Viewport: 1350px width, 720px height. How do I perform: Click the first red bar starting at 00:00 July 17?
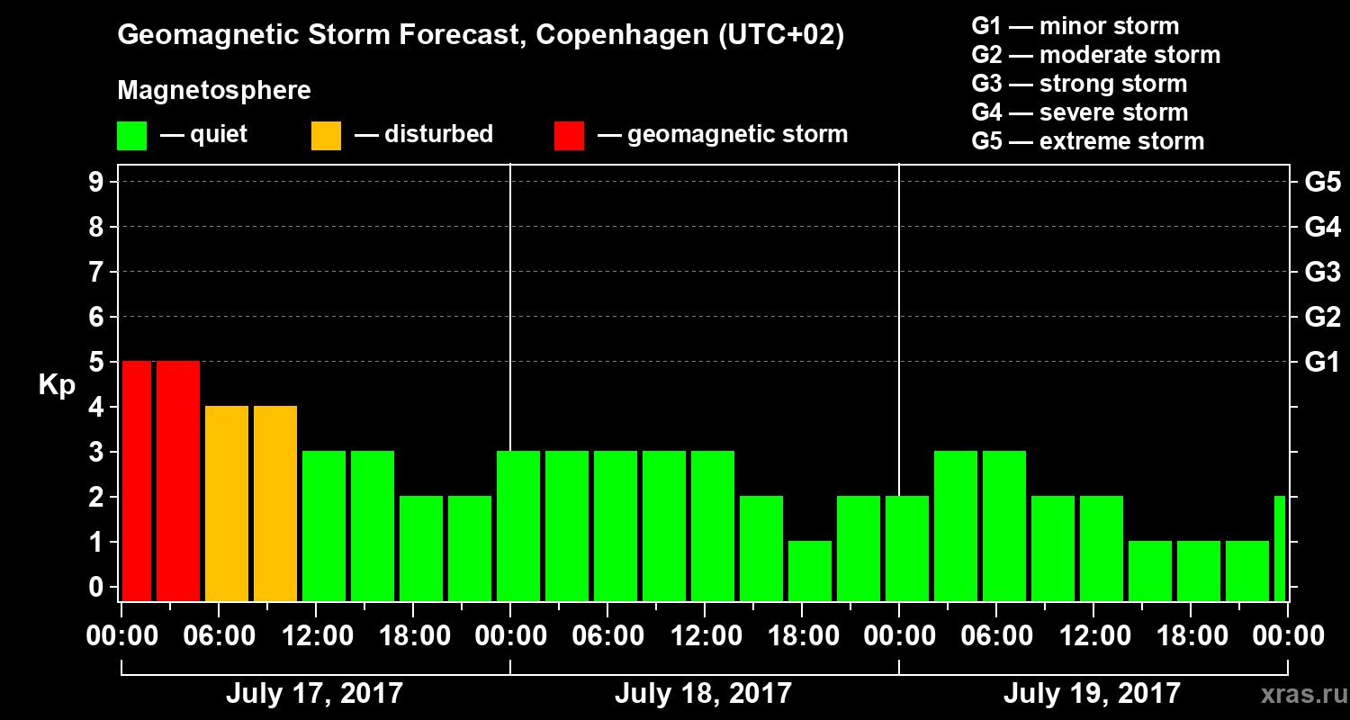(137, 481)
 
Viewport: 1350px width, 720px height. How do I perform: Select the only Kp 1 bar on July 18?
(810, 571)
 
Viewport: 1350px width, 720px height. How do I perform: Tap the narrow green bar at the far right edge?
(1280, 548)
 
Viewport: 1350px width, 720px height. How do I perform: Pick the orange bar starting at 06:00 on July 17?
(227, 503)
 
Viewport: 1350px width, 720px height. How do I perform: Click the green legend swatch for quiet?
(131, 136)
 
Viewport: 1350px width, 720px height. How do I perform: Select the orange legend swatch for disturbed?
(326, 136)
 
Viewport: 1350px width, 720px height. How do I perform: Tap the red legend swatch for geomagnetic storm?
(569, 136)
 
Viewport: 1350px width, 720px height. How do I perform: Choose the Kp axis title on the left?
(57, 385)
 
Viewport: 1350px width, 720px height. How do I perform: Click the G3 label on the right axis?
(1322, 272)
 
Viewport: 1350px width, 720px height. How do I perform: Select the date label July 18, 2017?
(703, 694)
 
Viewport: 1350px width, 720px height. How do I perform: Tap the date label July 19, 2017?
(1092, 694)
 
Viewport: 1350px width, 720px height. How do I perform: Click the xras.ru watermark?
(1297, 695)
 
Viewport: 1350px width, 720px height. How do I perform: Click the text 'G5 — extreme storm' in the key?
(1087, 141)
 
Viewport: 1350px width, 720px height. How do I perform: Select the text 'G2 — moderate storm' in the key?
(1095, 55)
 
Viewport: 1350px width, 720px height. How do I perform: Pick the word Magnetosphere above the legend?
(214, 91)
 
